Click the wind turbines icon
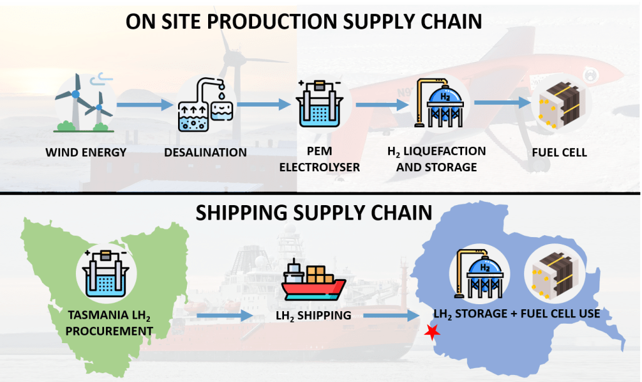(84, 103)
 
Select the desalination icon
(206, 105)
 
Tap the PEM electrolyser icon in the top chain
(319, 103)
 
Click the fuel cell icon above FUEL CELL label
(559, 104)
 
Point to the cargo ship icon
(313, 280)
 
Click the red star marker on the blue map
(431, 332)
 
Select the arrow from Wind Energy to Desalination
(145, 105)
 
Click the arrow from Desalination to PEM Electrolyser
(264, 104)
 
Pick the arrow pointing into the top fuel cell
(502, 102)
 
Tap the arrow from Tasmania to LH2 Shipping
(225, 316)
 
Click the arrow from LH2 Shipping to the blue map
(392, 316)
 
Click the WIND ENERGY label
(86, 152)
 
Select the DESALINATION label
(206, 152)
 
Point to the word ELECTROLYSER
(319, 167)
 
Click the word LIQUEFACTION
(445, 151)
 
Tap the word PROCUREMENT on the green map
(109, 331)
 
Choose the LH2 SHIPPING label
(313, 316)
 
